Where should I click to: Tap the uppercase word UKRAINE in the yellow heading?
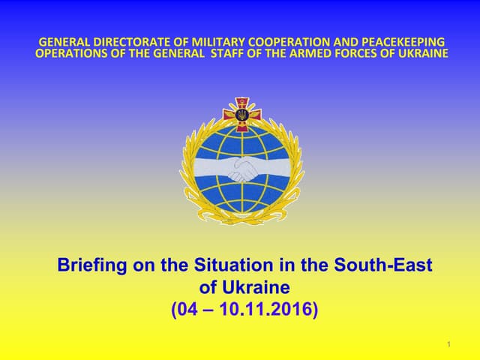(421, 53)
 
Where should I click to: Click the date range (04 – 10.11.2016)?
(244, 308)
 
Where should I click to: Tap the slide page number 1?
(448, 344)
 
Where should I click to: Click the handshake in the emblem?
(241, 169)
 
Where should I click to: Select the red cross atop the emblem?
(241, 115)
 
